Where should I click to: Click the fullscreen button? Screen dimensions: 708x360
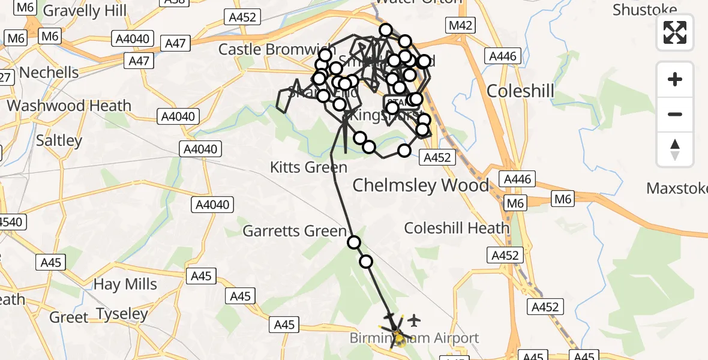[x=675, y=32]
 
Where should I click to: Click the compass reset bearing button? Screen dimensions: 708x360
[x=675, y=149]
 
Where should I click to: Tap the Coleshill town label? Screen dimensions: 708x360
[x=520, y=91]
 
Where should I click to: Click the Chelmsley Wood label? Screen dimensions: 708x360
[x=421, y=185]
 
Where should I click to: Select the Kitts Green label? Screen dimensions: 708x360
[x=309, y=167]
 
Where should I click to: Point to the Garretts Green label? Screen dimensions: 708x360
[x=294, y=231]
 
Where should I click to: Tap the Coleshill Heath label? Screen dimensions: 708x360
[x=457, y=228]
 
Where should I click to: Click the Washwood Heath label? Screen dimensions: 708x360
[x=69, y=106]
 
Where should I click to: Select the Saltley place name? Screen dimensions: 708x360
[x=59, y=140]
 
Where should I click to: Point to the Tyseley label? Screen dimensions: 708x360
[x=122, y=314]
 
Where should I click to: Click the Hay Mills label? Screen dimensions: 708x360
[x=125, y=284]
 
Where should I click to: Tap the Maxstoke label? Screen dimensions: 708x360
[x=677, y=188]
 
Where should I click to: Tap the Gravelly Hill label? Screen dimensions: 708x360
[x=85, y=11]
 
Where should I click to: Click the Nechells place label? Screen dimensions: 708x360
[x=49, y=73]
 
